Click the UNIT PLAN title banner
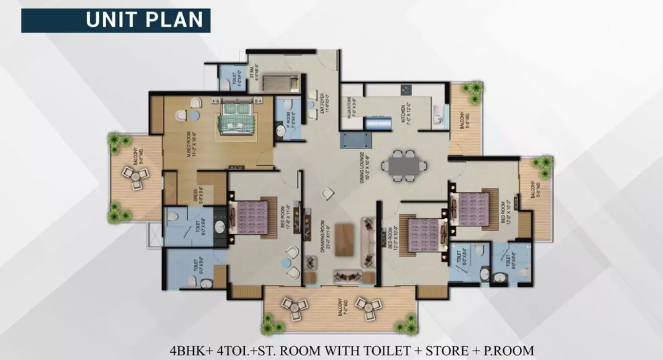coord(116,20)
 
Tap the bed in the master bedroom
coord(236,118)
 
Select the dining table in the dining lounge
coord(404,165)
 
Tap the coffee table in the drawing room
coord(345,239)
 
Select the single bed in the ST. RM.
coord(280,83)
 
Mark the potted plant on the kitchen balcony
coord(473,91)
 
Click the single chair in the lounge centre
coord(328,193)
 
